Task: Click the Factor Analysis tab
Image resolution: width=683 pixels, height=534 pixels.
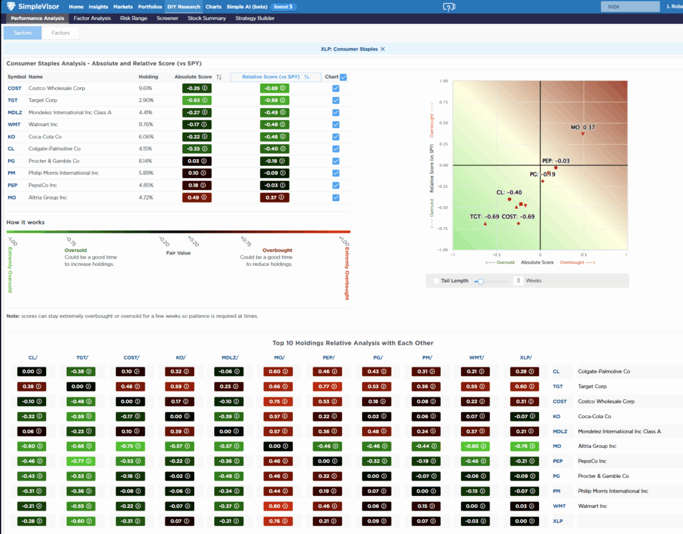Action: tap(92, 18)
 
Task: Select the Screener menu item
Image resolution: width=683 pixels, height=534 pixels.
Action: tap(167, 18)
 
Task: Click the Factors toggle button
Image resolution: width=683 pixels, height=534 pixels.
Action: tap(61, 33)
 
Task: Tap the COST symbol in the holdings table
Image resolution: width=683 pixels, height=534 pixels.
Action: tap(14, 88)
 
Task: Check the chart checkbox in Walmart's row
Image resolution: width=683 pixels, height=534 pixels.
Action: tap(335, 124)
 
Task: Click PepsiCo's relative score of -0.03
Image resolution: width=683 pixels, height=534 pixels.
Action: tap(274, 185)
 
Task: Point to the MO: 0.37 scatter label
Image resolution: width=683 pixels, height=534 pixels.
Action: tap(582, 127)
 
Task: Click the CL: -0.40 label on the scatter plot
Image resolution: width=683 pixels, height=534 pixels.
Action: tap(509, 192)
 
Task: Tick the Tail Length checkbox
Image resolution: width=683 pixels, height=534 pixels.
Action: tap(436, 281)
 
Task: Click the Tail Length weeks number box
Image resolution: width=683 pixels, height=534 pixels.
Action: tap(518, 281)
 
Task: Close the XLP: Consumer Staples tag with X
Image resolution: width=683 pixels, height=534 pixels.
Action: tap(382, 49)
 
